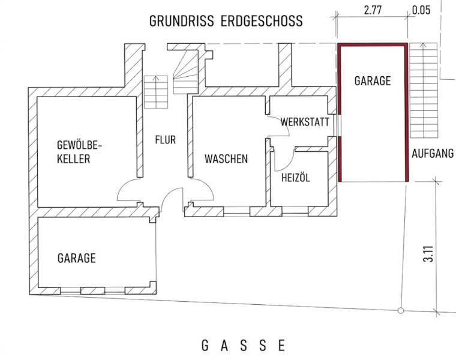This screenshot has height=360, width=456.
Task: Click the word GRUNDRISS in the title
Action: (x=181, y=21)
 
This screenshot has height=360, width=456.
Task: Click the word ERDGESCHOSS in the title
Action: (x=262, y=21)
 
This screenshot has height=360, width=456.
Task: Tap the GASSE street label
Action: (x=243, y=346)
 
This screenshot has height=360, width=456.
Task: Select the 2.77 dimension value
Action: (x=373, y=10)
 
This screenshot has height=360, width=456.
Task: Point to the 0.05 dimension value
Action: (x=421, y=10)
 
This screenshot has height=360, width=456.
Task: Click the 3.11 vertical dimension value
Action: (x=428, y=254)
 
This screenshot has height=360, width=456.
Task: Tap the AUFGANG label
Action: (x=433, y=153)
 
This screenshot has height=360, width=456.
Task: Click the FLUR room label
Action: (x=165, y=140)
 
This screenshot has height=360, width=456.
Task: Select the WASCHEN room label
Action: (x=226, y=159)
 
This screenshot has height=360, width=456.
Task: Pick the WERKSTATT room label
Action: (x=305, y=122)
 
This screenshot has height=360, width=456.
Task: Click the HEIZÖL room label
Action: (x=295, y=178)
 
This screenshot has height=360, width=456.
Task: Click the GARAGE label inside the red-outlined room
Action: (x=373, y=81)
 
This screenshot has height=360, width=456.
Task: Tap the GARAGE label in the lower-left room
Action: (x=76, y=258)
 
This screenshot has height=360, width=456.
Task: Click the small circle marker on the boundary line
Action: (x=401, y=311)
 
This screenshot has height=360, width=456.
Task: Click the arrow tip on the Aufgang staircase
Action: (x=423, y=44)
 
